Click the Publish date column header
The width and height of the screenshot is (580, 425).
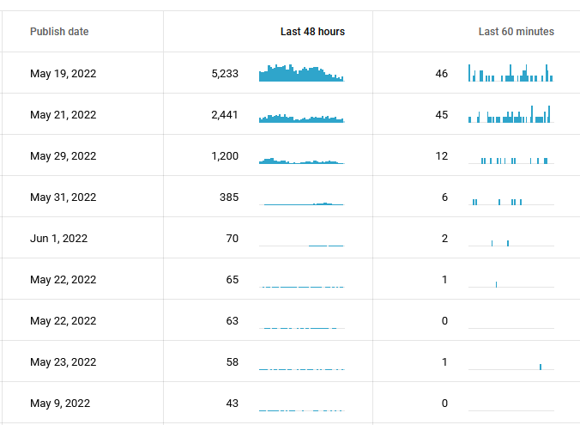pyautogui.click(x=59, y=32)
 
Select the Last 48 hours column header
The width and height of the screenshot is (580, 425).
pyautogui.click(x=312, y=32)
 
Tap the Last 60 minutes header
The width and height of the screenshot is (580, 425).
pyautogui.click(x=516, y=32)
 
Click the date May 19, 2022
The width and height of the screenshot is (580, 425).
pyautogui.click(x=63, y=74)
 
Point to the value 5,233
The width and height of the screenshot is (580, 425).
pyautogui.click(x=225, y=74)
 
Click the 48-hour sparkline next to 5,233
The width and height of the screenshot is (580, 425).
pyautogui.click(x=301, y=73)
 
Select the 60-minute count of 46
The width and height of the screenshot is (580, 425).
pyautogui.click(x=442, y=73)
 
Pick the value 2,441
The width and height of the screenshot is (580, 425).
pyautogui.click(x=225, y=115)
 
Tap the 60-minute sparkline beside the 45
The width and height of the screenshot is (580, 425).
pyautogui.click(x=511, y=114)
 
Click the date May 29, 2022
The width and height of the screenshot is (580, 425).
pyautogui.click(x=63, y=156)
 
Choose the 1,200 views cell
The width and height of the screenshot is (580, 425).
pyautogui.click(x=225, y=156)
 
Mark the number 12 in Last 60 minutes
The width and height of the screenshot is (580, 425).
pyautogui.click(x=442, y=156)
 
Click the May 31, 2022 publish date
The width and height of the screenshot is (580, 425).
pyautogui.click(x=63, y=197)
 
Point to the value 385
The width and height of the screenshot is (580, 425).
pyautogui.click(x=229, y=197)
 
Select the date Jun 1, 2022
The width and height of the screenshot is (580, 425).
pyautogui.click(x=58, y=239)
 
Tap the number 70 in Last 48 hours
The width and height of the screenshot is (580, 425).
pyautogui.click(x=233, y=238)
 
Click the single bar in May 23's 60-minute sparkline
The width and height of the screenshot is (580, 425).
pyautogui.click(x=541, y=367)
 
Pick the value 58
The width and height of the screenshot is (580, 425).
pyautogui.click(x=233, y=361)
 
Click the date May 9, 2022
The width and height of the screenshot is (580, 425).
pyautogui.click(x=60, y=404)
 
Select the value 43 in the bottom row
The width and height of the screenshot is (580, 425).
pyautogui.click(x=233, y=404)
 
